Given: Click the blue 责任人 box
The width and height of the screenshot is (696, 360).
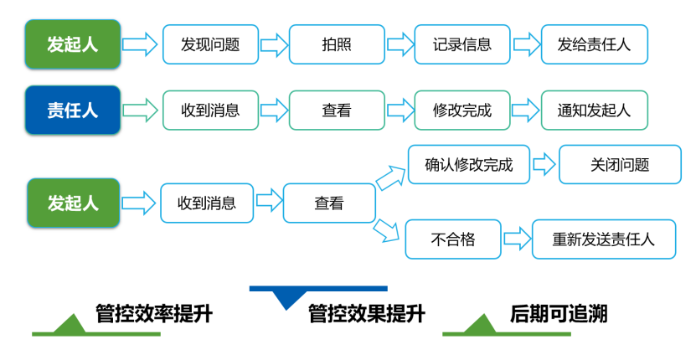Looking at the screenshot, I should pyautogui.click(x=73, y=110).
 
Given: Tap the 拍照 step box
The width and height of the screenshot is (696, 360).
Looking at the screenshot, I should pyautogui.click(x=337, y=44).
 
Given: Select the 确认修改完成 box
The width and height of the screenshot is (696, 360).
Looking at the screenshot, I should pyautogui.click(x=468, y=164).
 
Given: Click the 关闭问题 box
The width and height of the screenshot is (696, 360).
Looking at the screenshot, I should pyautogui.click(x=619, y=164).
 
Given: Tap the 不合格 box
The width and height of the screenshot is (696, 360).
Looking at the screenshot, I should pyautogui.click(x=453, y=239).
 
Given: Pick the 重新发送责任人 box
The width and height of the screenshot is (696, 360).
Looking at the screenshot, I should pyautogui.click(x=603, y=239).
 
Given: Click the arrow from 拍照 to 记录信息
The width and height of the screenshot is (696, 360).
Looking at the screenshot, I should pyautogui.click(x=400, y=44).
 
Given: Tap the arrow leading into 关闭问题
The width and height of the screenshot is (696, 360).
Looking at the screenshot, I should pyautogui.click(x=544, y=164).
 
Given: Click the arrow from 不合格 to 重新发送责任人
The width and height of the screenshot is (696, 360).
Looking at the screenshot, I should pyautogui.click(x=516, y=239).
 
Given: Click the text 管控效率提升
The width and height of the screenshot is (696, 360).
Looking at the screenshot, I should pyautogui.click(x=154, y=315).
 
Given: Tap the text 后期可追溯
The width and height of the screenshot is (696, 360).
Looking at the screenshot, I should pyautogui.click(x=559, y=315).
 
